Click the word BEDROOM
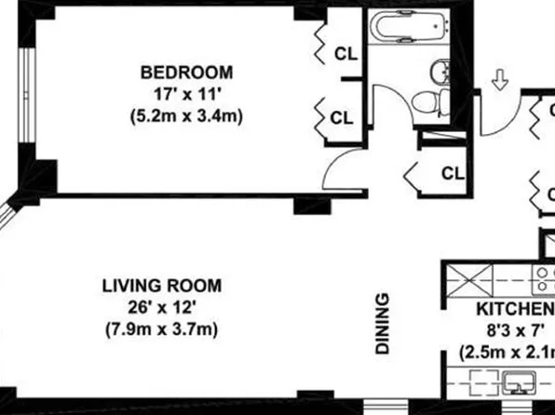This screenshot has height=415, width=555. (x=186, y=73)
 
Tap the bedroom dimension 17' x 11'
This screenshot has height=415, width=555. (x=186, y=95)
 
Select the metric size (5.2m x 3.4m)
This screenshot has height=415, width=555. (x=186, y=117)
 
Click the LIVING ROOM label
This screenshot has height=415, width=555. (x=161, y=286)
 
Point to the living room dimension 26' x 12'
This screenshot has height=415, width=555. (x=161, y=307)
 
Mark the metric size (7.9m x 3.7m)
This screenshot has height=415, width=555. (x=161, y=329)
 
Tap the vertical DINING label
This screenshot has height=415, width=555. (x=383, y=325)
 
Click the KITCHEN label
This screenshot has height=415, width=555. (x=515, y=310)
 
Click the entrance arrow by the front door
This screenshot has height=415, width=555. (x=499, y=82)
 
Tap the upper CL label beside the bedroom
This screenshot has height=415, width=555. (x=345, y=54)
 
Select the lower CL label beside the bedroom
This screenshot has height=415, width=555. (x=342, y=118)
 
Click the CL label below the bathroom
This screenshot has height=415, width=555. (x=452, y=172)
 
